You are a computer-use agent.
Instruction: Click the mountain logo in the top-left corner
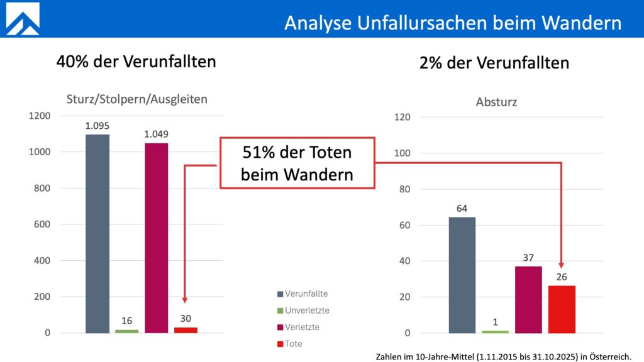23,19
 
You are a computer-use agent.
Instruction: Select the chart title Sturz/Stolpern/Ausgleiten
136,99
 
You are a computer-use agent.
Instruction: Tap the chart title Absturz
497,101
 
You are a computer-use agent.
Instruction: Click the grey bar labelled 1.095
97,233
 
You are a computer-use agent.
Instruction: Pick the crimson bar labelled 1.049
156,238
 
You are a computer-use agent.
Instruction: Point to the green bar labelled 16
126,331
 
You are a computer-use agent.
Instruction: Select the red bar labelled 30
186,330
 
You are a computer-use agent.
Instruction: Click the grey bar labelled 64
462,275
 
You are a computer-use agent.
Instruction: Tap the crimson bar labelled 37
528,299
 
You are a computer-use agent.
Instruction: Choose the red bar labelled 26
562,309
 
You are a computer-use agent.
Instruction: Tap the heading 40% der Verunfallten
136,62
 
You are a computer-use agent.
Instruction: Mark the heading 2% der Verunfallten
494,63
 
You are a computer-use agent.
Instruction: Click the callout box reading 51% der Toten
297,163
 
